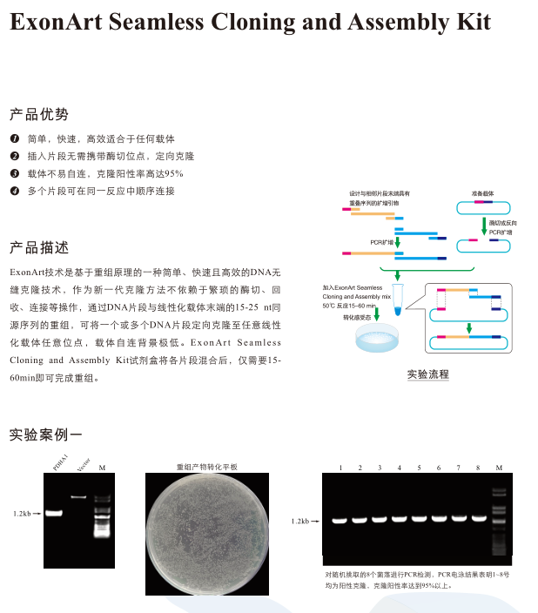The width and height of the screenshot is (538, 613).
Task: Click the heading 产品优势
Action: (x=38, y=114)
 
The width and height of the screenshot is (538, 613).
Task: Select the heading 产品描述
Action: (x=38, y=246)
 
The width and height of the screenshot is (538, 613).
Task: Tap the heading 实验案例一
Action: (x=45, y=433)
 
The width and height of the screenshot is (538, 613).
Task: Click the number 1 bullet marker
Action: (x=15, y=139)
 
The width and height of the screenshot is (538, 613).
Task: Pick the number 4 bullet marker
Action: (x=15, y=190)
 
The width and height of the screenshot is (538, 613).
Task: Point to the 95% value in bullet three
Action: (x=174, y=173)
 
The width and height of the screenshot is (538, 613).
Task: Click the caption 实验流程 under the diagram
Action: (x=427, y=374)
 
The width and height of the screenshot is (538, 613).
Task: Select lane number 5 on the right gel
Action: (x=419, y=468)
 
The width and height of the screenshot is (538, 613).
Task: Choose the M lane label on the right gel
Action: (x=499, y=468)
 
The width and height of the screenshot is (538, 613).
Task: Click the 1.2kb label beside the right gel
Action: (x=301, y=521)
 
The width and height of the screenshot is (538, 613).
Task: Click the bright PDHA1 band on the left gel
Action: (x=55, y=514)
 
